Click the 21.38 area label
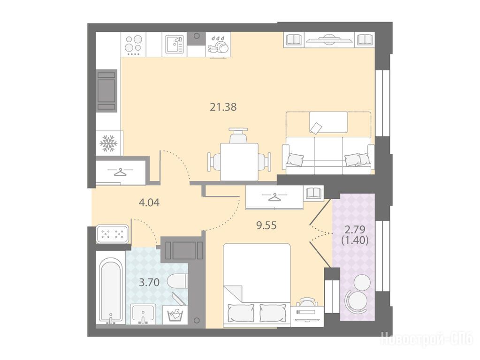tap(223, 107)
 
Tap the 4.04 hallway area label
tap(149, 202)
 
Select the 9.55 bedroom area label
tap(267, 225)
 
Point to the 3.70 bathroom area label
tap(149, 282)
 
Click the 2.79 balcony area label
tap(355, 229)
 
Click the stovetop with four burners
tap(134, 45)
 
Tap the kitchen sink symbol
tap(175, 45)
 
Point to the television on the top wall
tap(329, 40)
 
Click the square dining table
tap(239, 162)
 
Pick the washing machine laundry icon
tap(175, 315)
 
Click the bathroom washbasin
tap(143, 314)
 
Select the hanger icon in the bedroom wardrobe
tap(274, 197)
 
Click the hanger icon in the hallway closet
tap(120, 172)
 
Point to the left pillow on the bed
tap(241, 313)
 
